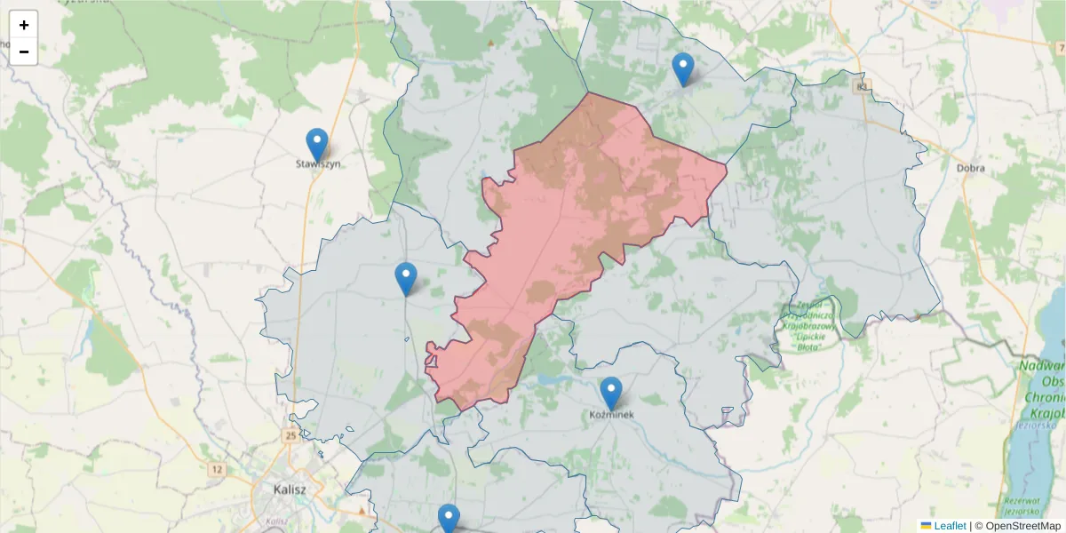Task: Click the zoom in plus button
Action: [24, 25]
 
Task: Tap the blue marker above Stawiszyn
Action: [317, 145]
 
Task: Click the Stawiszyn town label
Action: [318, 163]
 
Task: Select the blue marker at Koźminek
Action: [611, 394]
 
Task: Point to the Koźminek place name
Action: [611, 414]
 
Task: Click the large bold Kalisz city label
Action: [290, 489]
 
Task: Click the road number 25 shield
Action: [292, 435]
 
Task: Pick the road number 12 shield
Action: [218, 468]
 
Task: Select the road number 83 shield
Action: [861, 86]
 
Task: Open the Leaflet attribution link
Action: [950, 526]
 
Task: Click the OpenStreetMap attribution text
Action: [1017, 526]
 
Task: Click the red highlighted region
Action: [586, 213]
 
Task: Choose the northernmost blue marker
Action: [682, 69]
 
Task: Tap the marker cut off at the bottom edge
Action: [449, 520]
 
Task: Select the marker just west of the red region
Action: [406, 279]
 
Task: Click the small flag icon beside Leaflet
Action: [926, 526]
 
